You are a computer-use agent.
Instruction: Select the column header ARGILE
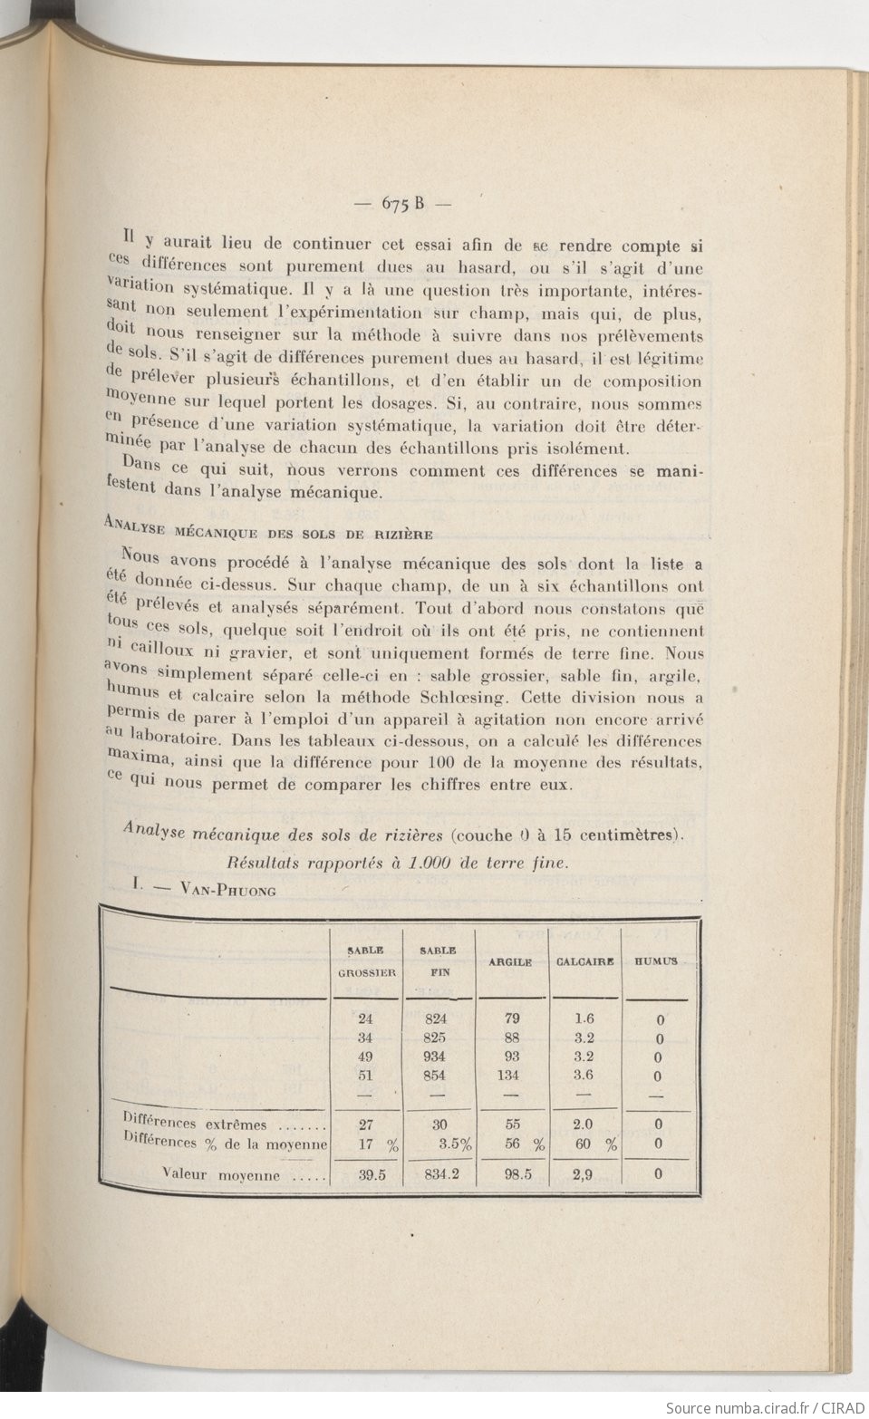coord(509,961)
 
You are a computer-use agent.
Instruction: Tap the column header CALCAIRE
coord(584,961)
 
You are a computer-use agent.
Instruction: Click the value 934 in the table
coord(435,1057)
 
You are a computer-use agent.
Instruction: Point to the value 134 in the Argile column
coord(511,1076)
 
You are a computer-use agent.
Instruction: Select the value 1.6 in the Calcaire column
coord(584,1018)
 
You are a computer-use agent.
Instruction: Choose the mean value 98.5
coord(512,1174)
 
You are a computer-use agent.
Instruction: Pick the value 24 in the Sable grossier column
coord(365,1018)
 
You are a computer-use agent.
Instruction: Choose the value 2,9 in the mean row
coord(584,1174)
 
